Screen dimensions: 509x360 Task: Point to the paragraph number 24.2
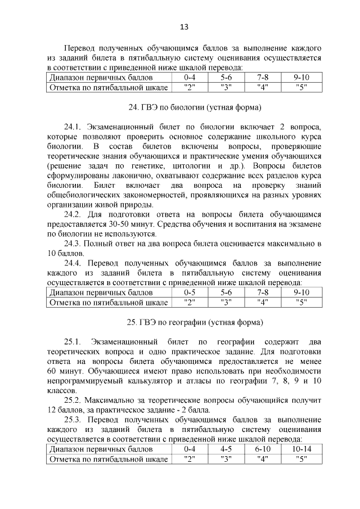pyautogui.click(x=73, y=215)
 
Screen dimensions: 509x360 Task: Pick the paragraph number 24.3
pyautogui.click(x=73, y=244)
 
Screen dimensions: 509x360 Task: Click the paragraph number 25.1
pyautogui.click(x=73, y=343)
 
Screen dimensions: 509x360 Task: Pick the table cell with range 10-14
pyautogui.click(x=301, y=449)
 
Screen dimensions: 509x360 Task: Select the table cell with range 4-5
pyautogui.click(x=226, y=449)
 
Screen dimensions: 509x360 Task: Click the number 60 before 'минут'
pyautogui.click(x=52, y=372)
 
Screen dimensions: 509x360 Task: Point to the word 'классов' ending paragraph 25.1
pyautogui.click(x=61, y=391)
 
